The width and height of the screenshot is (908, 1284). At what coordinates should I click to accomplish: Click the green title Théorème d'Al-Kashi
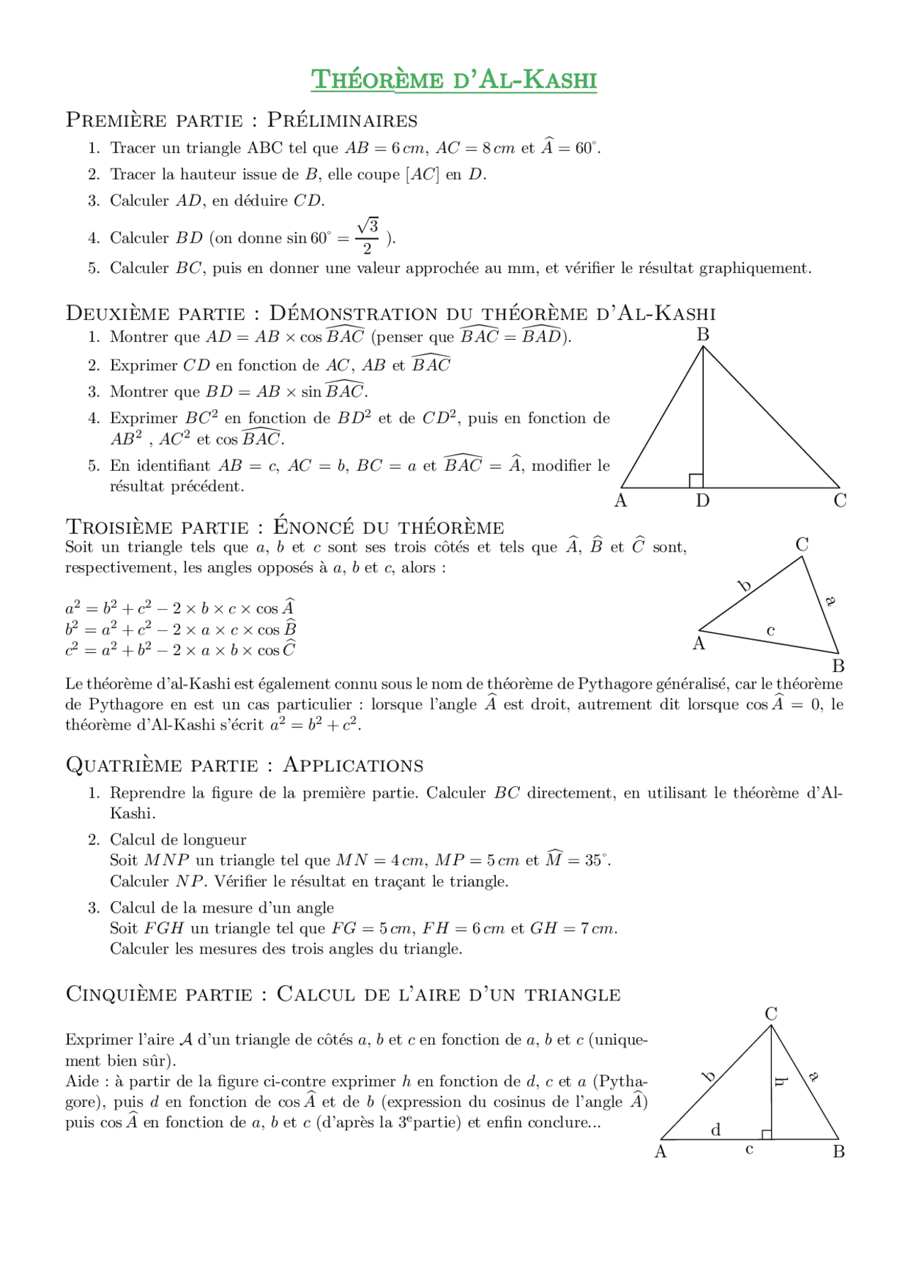tap(454, 79)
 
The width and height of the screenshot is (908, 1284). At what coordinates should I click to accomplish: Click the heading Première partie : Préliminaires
tap(241, 120)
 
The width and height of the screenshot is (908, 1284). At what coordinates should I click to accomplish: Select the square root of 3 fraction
tap(367, 236)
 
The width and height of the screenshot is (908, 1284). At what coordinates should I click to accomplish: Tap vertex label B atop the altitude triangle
tap(703, 335)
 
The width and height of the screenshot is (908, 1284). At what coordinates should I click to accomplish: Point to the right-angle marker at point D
tap(696, 481)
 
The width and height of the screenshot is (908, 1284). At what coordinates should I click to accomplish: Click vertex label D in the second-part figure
tap(702, 501)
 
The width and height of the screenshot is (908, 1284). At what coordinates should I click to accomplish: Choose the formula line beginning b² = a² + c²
tap(180, 629)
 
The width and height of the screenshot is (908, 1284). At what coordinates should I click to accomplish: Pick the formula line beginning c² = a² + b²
tap(180, 649)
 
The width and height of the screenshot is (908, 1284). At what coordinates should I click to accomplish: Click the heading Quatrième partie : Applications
tap(244, 765)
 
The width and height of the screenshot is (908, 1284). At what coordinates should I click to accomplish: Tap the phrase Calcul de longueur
tap(177, 839)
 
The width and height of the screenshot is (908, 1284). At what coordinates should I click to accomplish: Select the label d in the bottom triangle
tap(716, 1130)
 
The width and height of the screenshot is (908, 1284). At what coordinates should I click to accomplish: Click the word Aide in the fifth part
tap(79, 1081)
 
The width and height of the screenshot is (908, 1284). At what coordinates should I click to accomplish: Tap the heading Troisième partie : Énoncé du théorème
tap(284, 527)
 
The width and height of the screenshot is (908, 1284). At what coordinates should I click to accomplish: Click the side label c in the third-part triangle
tap(770, 630)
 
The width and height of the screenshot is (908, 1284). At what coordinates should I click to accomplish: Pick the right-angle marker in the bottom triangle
tap(766, 1134)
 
